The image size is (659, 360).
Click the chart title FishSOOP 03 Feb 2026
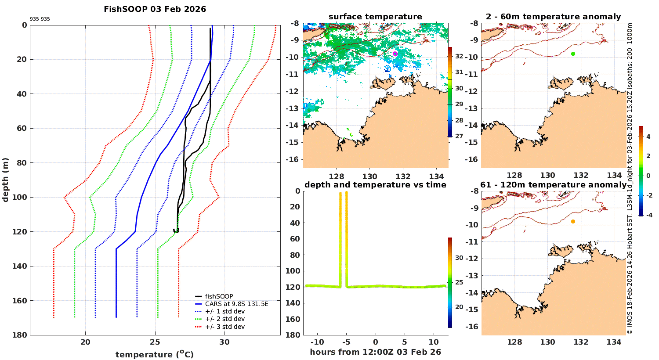coord(155,9)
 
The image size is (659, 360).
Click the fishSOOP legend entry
coord(219,296)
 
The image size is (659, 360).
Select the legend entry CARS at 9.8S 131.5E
coord(236,304)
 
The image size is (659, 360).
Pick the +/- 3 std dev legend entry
coord(224,327)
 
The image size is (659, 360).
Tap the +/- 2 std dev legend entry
coord(224,319)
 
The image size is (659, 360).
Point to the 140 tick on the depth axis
coord(21,266)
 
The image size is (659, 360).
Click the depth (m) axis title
coord(6,180)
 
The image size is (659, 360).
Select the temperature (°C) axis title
coord(155,354)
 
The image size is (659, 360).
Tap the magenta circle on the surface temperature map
coord(395,54)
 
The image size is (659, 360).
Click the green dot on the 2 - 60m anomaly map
coord(573,54)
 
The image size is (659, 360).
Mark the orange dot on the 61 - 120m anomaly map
coord(573,222)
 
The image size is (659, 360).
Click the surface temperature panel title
coord(375,17)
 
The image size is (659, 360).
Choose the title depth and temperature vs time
coord(375,185)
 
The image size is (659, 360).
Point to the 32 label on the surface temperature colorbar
coord(459,56)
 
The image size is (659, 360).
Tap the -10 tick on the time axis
coord(317,342)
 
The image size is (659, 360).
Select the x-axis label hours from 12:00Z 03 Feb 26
coord(375,352)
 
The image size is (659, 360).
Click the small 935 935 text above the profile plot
coord(40,19)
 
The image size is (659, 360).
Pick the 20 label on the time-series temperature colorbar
coord(459,307)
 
